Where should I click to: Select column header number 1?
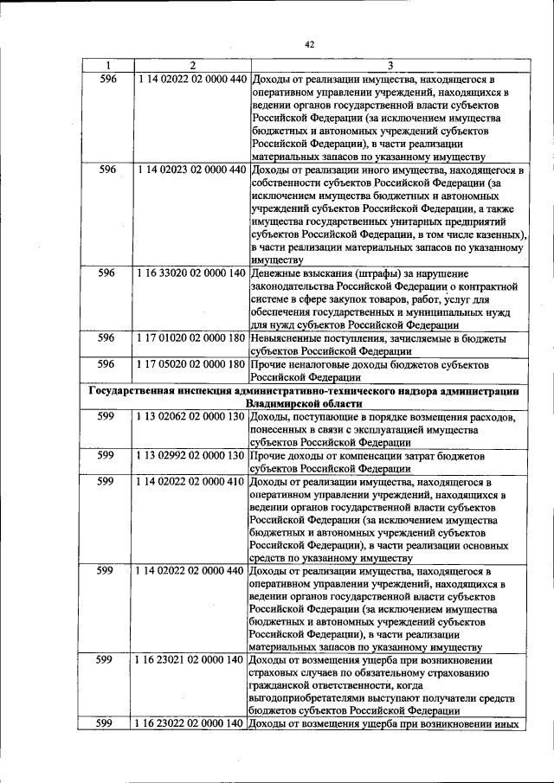[x=107, y=65]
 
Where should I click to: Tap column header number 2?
[x=192, y=65]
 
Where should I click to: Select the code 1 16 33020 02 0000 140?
[x=192, y=273]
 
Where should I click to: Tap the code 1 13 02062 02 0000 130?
[x=191, y=418]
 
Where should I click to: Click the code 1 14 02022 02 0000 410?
[x=191, y=480]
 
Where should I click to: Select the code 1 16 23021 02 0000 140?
[x=191, y=659]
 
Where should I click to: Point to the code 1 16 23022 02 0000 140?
[x=191, y=724]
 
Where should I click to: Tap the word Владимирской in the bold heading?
[x=283, y=404]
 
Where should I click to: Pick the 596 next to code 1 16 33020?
[x=107, y=273]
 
